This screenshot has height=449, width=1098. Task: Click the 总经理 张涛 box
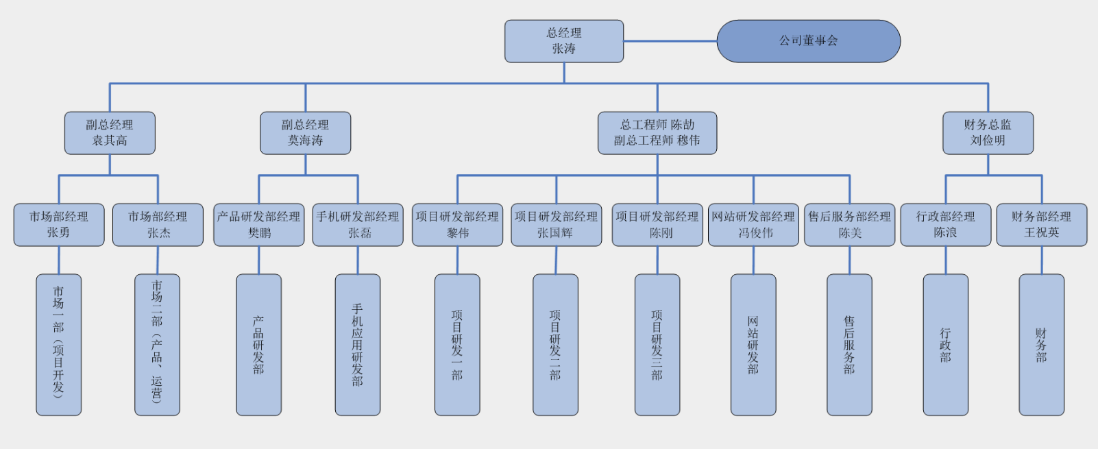tap(564, 41)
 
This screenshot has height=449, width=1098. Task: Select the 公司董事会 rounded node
tap(808, 41)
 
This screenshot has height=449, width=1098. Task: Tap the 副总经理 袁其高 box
tap(110, 133)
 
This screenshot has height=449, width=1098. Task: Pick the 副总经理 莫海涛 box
tap(305, 133)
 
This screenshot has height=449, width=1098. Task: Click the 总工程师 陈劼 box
tap(657, 133)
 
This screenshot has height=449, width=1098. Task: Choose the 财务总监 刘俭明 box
tap(988, 133)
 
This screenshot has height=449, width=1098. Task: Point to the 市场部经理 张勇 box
tap(59, 225)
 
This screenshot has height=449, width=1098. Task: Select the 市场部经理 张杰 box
tap(158, 225)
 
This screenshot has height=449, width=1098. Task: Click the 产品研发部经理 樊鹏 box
tap(259, 225)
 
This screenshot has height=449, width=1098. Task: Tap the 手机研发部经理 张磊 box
tap(358, 225)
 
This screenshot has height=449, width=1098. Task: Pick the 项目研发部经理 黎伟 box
tap(457, 225)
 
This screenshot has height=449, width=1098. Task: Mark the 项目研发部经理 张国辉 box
tap(556, 225)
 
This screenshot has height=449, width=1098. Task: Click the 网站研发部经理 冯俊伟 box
tap(753, 225)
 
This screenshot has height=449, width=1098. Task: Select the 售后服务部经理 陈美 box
tap(849, 225)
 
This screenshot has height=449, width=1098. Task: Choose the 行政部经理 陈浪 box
tap(945, 225)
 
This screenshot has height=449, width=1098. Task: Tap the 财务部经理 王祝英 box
tap(1041, 225)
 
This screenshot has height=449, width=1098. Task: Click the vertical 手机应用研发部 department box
tap(358, 345)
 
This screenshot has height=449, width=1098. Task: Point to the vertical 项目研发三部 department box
tap(657, 345)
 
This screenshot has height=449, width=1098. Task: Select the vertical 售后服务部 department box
tap(849, 345)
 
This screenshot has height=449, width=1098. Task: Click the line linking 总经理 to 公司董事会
tap(670, 41)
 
